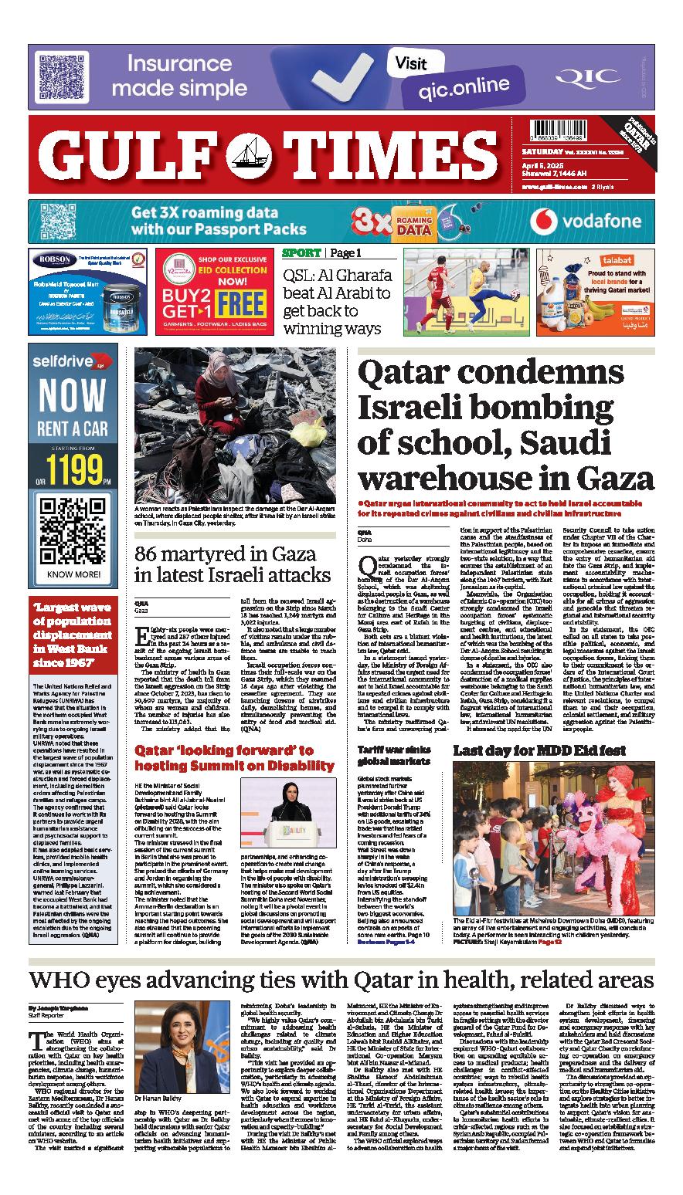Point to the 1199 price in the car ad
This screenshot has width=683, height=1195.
(x=76, y=468)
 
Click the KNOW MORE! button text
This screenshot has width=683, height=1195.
(x=73, y=574)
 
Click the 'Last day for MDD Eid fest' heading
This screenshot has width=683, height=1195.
(x=528, y=750)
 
